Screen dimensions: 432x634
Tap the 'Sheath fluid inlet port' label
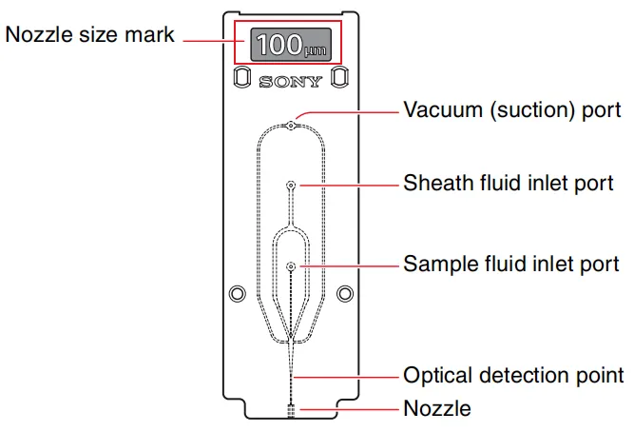(508, 182)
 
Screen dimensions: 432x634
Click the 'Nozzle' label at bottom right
(437, 409)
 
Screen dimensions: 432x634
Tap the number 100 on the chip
(278, 44)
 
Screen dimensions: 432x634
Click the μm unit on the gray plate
(314, 49)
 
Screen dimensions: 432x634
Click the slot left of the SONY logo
(241, 77)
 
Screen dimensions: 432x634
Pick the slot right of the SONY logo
(340, 77)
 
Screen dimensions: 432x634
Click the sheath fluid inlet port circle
(291, 186)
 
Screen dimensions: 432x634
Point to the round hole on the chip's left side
(238, 291)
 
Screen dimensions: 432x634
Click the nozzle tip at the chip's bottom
(292, 410)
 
